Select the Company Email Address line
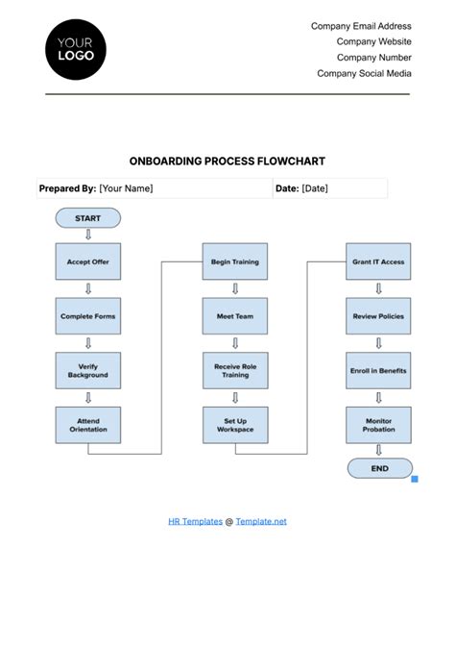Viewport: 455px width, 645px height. coord(361,27)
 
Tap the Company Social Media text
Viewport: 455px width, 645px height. coord(364,73)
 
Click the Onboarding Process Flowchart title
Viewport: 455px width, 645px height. coord(227,161)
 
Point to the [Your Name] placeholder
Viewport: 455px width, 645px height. coord(127,188)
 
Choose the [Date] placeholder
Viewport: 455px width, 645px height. coord(315,188)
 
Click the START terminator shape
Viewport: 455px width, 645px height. coord(87,218)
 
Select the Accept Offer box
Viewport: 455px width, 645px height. coord(87,260)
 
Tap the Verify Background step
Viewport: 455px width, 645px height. coord(87,370)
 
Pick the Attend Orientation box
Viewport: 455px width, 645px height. coord(87,425)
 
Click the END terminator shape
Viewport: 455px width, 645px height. coord(380,468)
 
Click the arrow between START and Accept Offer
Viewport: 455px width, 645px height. coord(87,235)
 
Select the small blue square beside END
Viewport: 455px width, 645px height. coord(415,478)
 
